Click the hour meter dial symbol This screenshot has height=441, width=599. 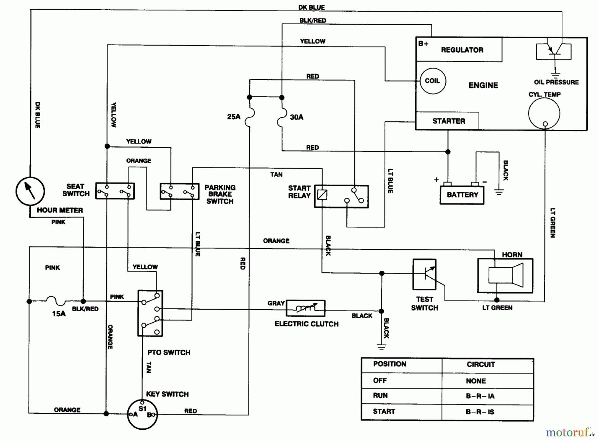pyautogui.click(x=30, y=191)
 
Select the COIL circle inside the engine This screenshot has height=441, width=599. pyautogui.click(x=432, y=81)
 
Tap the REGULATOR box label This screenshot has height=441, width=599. pyautogui.click(x=462, y=50)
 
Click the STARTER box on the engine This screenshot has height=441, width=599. pyautogui.click(x=448, y=121)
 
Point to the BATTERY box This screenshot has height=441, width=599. pyautogui.click(x=462, y=195)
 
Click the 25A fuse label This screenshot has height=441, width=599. pyautogui.click(x=234, y=117)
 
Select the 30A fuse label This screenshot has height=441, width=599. pyautogui.click(x=297, y=117)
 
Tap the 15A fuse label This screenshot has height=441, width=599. pyautogui.click(x=59, y=314)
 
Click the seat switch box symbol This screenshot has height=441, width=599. pyautogui.click(x=115, y=191)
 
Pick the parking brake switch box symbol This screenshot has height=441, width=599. pyautogui.click(x=179, y=192)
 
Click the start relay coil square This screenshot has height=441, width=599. pyautogui.click(x=322, y=195)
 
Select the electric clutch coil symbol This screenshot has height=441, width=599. pyautogui.click(x=305, y=308)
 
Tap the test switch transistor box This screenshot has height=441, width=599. pyautogui.click(x=424, y=274)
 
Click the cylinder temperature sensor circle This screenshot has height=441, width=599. pyautogui.click(x=544, y=113)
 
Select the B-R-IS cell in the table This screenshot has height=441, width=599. pyautogui.click(x=480, y=412)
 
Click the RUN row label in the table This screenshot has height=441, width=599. pyautogui.click(x=380, y=395)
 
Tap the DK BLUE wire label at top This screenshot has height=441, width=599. pyautogui.click(x=311, y=7)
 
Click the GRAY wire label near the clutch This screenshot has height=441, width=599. pyautogui.click(x=276, y=303)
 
